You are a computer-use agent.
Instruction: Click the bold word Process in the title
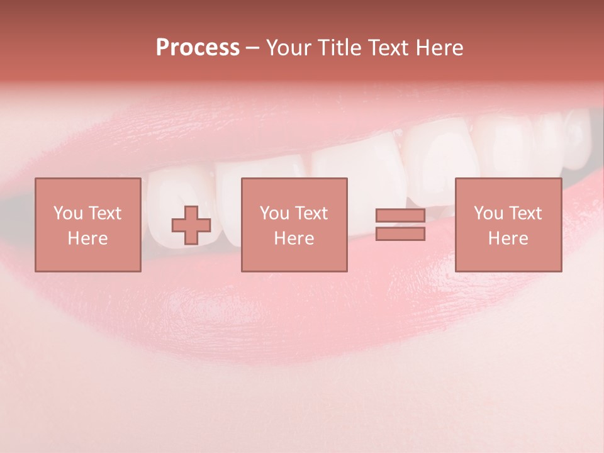click(198, 48)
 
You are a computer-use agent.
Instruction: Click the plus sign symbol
click(191, 225)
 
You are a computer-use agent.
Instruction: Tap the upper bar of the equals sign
click(400, 215)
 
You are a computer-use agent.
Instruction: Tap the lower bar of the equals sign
click(400, 234)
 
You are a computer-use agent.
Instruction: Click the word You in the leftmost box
click(68, 213)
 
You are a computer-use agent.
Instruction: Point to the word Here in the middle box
click(294, 238)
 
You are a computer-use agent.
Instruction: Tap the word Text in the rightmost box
click(525, 213)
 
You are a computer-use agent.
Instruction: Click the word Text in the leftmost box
click(104, 213)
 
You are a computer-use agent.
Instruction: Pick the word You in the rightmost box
click(488, 213)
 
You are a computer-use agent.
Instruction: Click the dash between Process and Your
click(252, 48)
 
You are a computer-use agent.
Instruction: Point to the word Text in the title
click(386, 48)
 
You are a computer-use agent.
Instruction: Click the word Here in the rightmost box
click(508, 238)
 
